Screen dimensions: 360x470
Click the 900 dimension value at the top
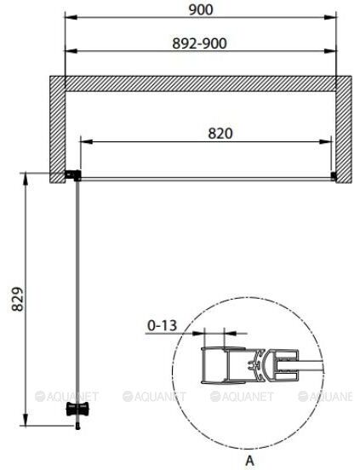click(x=201, y=9)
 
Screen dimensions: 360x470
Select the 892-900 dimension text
click(x=199, y=43)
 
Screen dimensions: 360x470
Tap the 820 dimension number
click(x=220, y=134)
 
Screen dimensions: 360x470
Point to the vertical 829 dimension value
click(x=17, y=299)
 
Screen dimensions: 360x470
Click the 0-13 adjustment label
click(x=162, y=325)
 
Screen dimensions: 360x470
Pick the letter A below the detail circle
click(x=249, y=461)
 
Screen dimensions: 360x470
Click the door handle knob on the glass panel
click(x=77, y=410)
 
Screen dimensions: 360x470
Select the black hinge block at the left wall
click(x=73, y=175)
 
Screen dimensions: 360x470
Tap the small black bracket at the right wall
click(x=334, y=176)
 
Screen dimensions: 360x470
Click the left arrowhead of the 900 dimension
click(x=71, y=17)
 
